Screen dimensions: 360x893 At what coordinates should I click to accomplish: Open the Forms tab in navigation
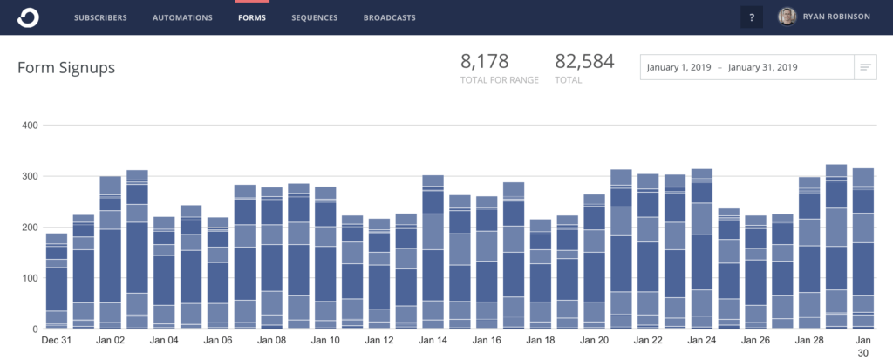click(252, 17)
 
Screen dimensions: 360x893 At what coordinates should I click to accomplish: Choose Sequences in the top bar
click(315, 17)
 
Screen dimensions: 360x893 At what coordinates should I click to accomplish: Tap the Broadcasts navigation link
click(389, 17)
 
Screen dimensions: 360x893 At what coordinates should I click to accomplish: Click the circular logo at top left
click(28, 17)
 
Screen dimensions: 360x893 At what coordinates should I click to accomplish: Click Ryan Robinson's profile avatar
click(787, 17)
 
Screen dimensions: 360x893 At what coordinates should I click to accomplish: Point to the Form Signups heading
click(66, 67)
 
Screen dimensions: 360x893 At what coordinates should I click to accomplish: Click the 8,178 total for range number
click(484, 61)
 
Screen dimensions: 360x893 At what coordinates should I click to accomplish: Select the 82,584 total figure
click(584, 61)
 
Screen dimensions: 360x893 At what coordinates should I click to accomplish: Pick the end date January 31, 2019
click(765, 67)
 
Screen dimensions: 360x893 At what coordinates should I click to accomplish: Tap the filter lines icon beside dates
click(865, 67)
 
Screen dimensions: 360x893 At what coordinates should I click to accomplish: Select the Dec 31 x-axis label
click(57, 341)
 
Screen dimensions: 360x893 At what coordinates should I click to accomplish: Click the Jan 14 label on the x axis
click(433, 341)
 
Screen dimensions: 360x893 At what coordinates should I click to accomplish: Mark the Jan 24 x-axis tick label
click(702, 341)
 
